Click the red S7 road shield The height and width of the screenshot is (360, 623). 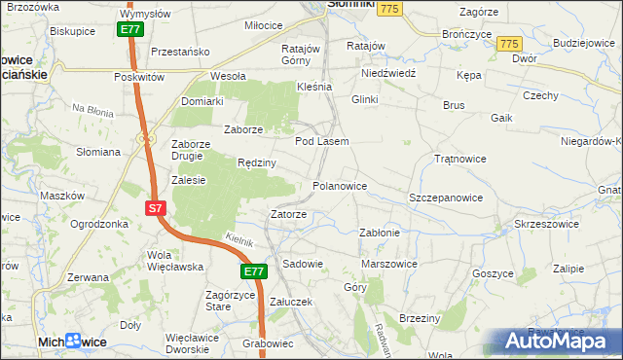click(157, 208)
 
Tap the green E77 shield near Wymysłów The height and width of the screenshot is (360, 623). click(131, 30)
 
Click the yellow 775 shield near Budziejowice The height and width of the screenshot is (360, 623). click(508, 44)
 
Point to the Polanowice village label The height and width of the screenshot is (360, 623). click(339, 185)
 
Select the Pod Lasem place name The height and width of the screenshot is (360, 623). click(321, 141)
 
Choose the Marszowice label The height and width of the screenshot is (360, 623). click(389, 264)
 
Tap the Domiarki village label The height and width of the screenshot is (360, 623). click(202, 100)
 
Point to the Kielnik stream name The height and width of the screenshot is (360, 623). click(238, 239)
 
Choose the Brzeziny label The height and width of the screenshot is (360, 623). click(421, 318)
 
